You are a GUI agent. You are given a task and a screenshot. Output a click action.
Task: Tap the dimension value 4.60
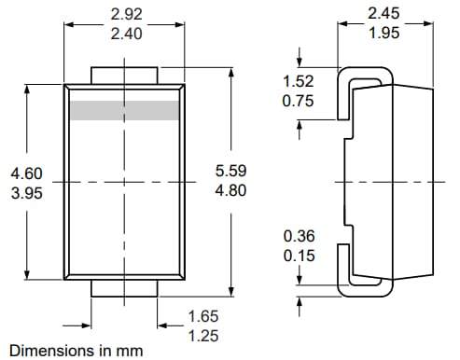pyautogui.click(x=26, y=173)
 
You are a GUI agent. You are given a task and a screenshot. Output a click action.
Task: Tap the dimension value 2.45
pyautogui.click(x=387, y=15)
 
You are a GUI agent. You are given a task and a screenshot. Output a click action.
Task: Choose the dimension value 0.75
pyautogui.click(x=300, y=101)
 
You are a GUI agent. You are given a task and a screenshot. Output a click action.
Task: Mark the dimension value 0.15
pyautogui.click(x=300, y=256)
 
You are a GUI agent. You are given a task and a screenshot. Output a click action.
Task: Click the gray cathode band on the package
pyautogui.click(x=123, y=110)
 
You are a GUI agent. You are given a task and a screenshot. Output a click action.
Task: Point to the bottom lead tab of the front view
pyautogui.click(x=123, y=287)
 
